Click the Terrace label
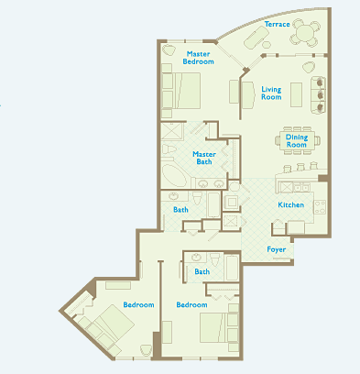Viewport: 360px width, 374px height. point(277,24)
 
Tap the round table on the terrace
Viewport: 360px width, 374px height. point(305,32)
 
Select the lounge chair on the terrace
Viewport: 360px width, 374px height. point(256,37)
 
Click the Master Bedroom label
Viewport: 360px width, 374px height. point(198,58)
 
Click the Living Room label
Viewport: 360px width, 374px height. point(271,93)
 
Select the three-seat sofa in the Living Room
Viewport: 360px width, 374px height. point(318,94)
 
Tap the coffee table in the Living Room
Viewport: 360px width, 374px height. point(296,94)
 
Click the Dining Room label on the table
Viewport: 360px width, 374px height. point(297,141)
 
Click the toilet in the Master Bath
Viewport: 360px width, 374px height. point(169,149)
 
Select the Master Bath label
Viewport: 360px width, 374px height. point(204,158)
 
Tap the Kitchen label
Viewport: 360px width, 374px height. point(290,204)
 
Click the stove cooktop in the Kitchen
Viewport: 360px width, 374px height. point(320,206)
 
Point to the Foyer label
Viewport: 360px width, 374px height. point(277,249)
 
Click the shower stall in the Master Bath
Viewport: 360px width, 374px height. point(172,131)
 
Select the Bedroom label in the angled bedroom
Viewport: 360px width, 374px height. point(138,304)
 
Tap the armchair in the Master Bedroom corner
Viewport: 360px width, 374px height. point(169,49)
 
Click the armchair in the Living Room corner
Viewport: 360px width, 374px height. point(309,67)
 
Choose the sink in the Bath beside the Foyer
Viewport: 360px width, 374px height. point(196,258)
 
